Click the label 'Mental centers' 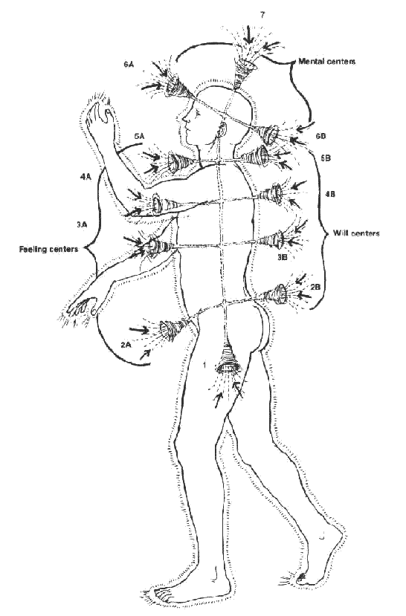[326, 61]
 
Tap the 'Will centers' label [356, 233]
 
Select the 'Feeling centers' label [49, 249]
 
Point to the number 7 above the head [262, 15]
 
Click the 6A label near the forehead [129, 65]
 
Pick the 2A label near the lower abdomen [126, 345]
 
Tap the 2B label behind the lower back [315, 287]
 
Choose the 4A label [86, 177]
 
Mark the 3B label [282, 257]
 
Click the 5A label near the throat [139, 136]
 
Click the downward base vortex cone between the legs [228, 358]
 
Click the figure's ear [223, 130]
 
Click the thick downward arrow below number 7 [248, 35]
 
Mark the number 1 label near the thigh [204, 366]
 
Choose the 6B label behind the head [320, 136]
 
